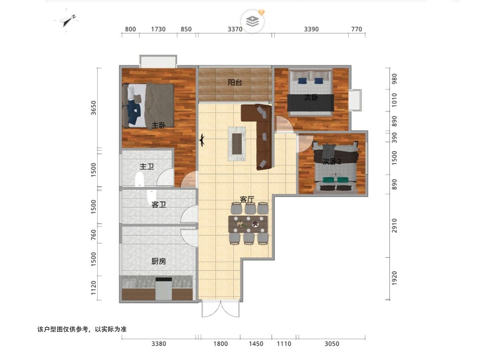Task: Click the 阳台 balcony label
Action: [235, 82]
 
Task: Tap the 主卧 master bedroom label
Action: [158, 126]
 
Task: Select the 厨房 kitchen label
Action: [158, 261]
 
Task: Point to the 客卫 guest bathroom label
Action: [158, 205]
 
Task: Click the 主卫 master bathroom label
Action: [147, 167]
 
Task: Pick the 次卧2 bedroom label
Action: [332, 162]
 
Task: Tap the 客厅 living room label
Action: [247, 199]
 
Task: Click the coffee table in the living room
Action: [237, 144]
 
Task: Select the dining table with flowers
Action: [248, 224]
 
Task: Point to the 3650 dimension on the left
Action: [94, 108]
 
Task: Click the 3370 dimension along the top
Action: [235, 29]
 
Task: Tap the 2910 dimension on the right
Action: [394, 226]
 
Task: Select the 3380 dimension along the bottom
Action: [159, 344]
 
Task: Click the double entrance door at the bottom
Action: [221, 309]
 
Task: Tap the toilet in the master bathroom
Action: [139, 179]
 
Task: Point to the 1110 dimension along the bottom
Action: [284, 344]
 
